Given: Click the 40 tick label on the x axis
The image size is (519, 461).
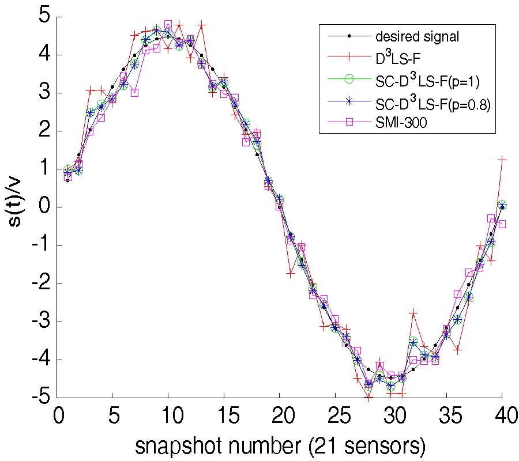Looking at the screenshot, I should (x=502, y=416).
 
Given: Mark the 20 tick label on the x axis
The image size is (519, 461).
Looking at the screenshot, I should (x=279, y=416).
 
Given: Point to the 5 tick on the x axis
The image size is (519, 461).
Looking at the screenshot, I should (x=112, y=416).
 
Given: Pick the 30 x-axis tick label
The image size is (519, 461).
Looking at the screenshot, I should (x=390, y=416).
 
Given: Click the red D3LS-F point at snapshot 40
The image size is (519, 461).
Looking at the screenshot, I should (x=502, y=159).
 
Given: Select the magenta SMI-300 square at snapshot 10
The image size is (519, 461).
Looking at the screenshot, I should (x=168, y=25).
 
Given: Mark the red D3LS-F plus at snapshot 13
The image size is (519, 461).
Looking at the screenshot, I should (x=201, y=25).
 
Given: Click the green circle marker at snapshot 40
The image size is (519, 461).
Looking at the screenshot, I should (x=502, y=205).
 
